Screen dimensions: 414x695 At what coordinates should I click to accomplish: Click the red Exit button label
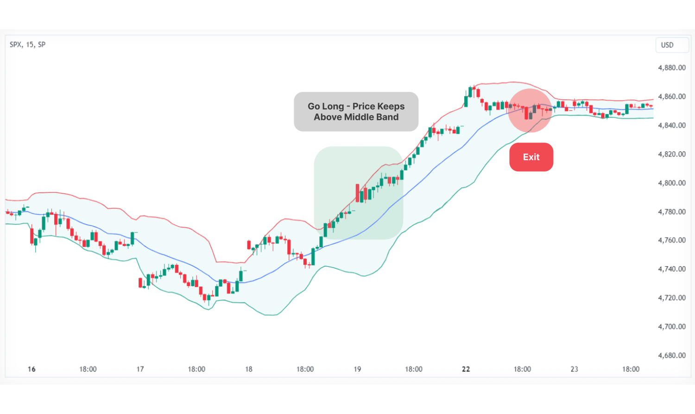tap(531, 157)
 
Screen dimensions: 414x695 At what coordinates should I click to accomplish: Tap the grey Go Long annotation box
tap(356, 112)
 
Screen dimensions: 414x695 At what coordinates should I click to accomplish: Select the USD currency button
tap(667, 45)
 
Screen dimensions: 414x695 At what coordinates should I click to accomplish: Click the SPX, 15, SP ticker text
tap(27, 44)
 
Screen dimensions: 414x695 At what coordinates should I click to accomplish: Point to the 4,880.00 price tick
tap(671, 68)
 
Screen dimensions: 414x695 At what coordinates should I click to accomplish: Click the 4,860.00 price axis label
tap(671, 96)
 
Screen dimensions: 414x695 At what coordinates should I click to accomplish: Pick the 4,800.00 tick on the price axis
tap(671, 183)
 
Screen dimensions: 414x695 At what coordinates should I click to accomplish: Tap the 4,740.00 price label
tap(671, 269)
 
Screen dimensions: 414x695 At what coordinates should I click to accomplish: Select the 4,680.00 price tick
tap(671, 356)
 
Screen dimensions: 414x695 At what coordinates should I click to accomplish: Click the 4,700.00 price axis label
tap(671, 326)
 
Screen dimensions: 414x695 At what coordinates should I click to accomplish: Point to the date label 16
tap(32, 369)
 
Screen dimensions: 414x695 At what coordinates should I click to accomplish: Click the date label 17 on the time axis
tap(140, 369)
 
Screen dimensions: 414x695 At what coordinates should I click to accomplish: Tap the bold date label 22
tap(466, 369)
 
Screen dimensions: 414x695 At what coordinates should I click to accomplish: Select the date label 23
tap(574, 369)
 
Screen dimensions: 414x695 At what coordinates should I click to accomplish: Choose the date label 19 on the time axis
tap(357, 369)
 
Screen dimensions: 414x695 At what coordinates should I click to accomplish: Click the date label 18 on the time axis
tap(249, 369)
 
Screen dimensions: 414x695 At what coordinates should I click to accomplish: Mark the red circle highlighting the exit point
tap(530, 111)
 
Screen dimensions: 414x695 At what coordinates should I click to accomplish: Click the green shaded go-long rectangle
tap(358, 193)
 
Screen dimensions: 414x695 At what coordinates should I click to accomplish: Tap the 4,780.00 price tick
tap(671, 212)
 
